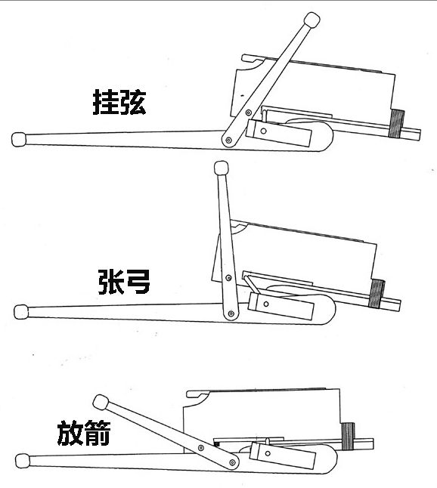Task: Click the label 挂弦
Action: [119, 103]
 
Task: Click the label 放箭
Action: [84, 434]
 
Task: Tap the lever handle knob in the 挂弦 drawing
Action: [310, 20]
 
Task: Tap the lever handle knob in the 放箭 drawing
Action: [98, 402]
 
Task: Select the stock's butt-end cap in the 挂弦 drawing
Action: [20, 139]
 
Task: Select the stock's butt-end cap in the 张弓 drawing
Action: [21, 311]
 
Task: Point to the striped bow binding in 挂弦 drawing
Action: [398, 124]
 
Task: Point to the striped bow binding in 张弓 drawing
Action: [377, 294]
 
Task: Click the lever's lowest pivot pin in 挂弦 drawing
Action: [228, 141]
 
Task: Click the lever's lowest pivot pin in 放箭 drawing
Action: [228, 461]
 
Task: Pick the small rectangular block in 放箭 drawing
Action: [281, 456]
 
